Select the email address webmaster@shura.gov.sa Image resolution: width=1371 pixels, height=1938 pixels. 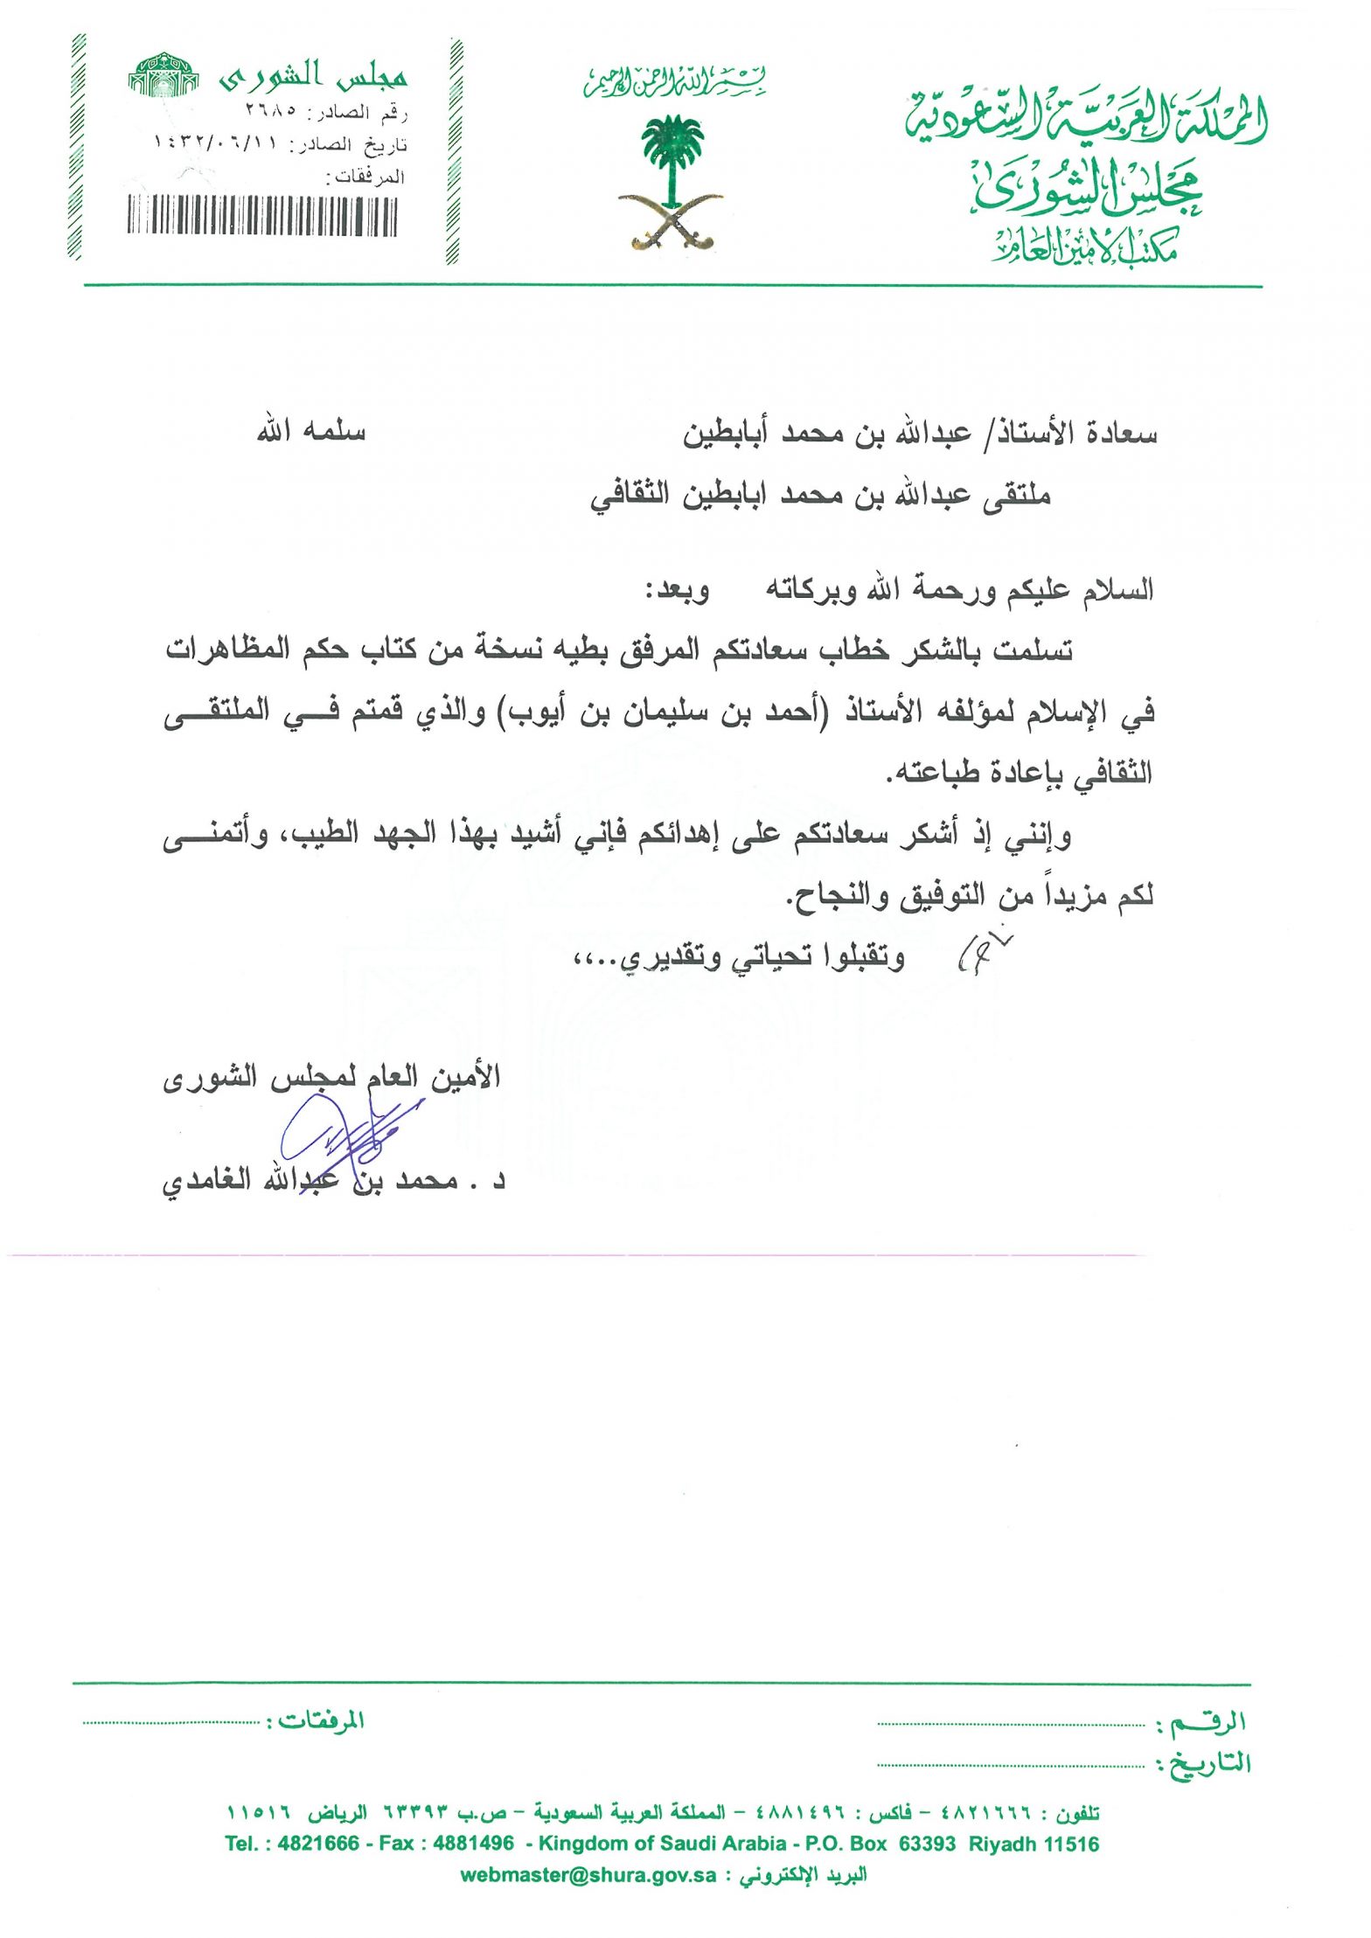tap(588, 1875)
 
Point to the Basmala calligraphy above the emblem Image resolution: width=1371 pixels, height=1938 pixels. tap(674, 81)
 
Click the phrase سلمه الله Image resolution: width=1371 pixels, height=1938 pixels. tap(310, 432)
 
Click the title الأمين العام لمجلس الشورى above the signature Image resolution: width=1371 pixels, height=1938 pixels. tap(331, 1077)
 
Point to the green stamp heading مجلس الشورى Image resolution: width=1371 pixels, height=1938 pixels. tap(312, 77)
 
